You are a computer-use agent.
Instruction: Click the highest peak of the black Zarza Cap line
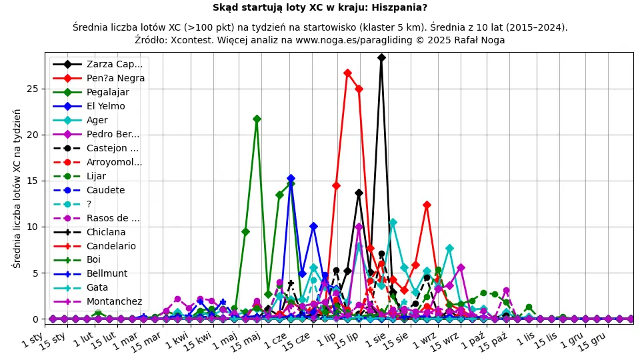[x=381, y=58]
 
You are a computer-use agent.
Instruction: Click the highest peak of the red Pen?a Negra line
[x=347, y=73]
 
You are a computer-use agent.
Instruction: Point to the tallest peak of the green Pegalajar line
[x=257, y=119]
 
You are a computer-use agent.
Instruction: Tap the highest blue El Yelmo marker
[x=291, y=179]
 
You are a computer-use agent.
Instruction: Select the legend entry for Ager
[x=97, y=120]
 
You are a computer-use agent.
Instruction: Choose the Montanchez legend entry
[x=114, y=301]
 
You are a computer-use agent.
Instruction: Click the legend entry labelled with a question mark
[x=89, y=204]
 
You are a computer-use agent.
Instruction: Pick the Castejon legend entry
[x=112, y=148]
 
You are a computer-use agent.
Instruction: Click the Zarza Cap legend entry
[x=114, y=64]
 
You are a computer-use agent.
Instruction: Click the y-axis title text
[x=17, y=188]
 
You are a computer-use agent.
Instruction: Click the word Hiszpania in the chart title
[x=398, y=8]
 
